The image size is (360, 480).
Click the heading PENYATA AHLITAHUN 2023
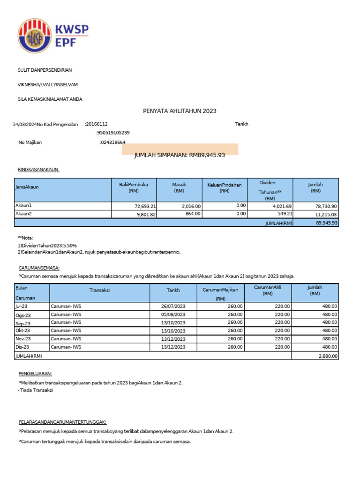click(x=180, y=111)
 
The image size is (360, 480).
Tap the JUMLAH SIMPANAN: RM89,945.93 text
click(x=180, y=155)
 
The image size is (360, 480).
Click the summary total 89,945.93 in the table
click(x=326, y=223)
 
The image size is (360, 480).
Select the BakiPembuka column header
click(x=134, y=187)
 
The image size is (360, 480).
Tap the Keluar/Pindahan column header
click(x=225, y=187)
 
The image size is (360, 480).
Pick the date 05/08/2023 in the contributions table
click(x=173, y=315)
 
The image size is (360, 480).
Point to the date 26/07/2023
click(x=173, y=307)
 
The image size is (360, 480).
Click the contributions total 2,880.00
click(x=327, y=356)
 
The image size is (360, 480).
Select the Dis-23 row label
click(x=22, y=347)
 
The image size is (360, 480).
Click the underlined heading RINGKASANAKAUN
click(x=38, y=169)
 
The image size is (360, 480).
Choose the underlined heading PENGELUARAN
click(x=35, y=374)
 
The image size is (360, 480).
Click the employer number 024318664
click(x=112, y=142)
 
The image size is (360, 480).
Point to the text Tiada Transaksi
click(x=37, y=390)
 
